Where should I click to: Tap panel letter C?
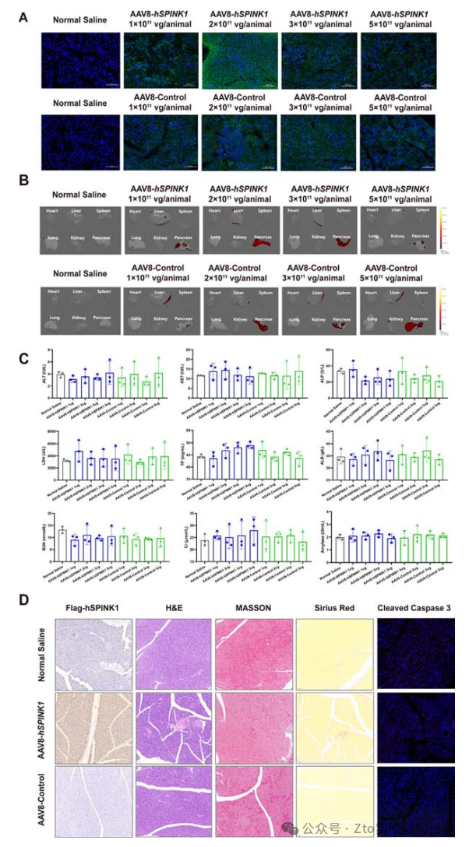24,360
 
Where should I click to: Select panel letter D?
24,602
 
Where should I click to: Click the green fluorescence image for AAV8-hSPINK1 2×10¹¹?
239,62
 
